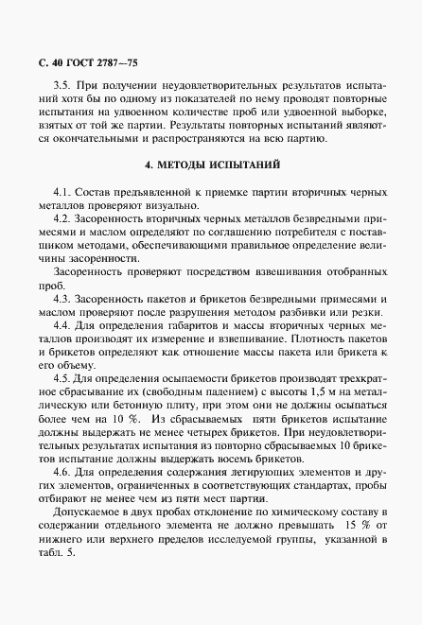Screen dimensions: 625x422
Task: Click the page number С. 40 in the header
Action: point(50,64)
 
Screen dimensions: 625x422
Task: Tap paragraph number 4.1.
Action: point(64,191)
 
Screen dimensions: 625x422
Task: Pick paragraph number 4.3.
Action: point(64,297)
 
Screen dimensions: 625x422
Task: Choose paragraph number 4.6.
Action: point(64,471)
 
